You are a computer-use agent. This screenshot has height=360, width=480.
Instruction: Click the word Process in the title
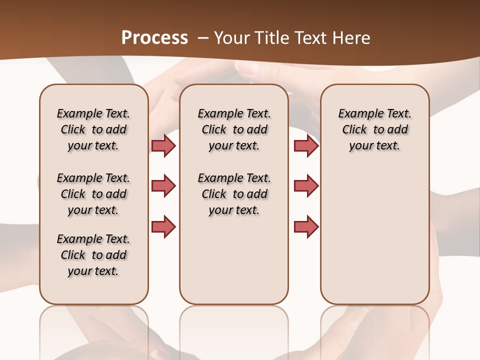(x=154, y=37)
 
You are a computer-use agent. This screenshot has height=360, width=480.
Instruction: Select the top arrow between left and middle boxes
(x=163, y=145)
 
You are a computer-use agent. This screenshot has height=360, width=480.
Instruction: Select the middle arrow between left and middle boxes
(x=163, y=186)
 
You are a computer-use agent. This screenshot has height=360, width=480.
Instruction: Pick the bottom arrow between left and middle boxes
(x=163, y=226)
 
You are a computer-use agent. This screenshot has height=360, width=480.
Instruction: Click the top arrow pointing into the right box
(x=306, y=145)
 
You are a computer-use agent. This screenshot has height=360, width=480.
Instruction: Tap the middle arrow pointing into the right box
(x=306, y=186)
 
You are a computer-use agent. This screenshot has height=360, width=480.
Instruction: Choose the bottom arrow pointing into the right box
(x=306, y=226)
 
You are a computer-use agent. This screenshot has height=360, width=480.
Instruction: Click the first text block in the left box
(x=93, y=129)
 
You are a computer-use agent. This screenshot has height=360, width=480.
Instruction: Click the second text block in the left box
(x=93, y=194)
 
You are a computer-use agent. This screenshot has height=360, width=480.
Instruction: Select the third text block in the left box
(x=93, y=255)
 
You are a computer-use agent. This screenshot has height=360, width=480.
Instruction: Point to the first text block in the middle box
(x=234, y=129)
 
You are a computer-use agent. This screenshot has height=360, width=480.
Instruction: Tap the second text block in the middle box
(x=234, y=194)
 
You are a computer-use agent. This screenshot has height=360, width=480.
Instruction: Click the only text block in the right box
(x=374, y=129)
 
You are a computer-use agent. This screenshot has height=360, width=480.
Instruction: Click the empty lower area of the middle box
(x=234, y=260)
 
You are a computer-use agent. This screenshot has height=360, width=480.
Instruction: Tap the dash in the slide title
(x=203, y=37)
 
